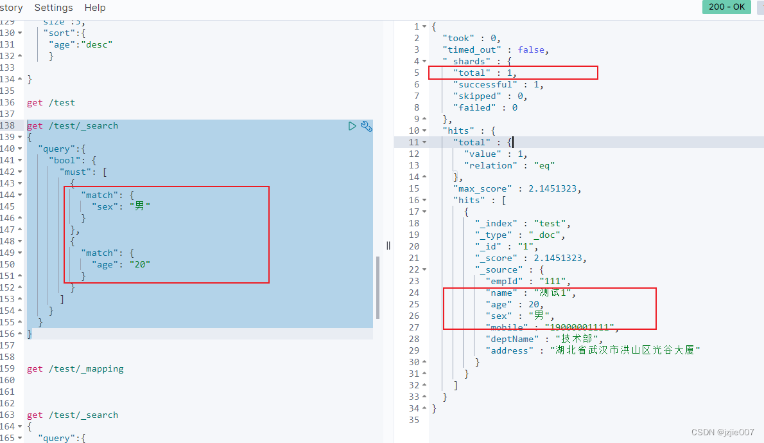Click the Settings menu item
tap(53, 8)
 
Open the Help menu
tap(95, 8)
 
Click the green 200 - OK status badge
tap(726, 7)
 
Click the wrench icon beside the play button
tap(366, 126)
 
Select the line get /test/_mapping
tap(75, 369)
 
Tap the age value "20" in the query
tap(139, 264)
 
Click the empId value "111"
tap(556, 281)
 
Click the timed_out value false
tap(532, 50)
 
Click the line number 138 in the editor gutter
tap(8, 126)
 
